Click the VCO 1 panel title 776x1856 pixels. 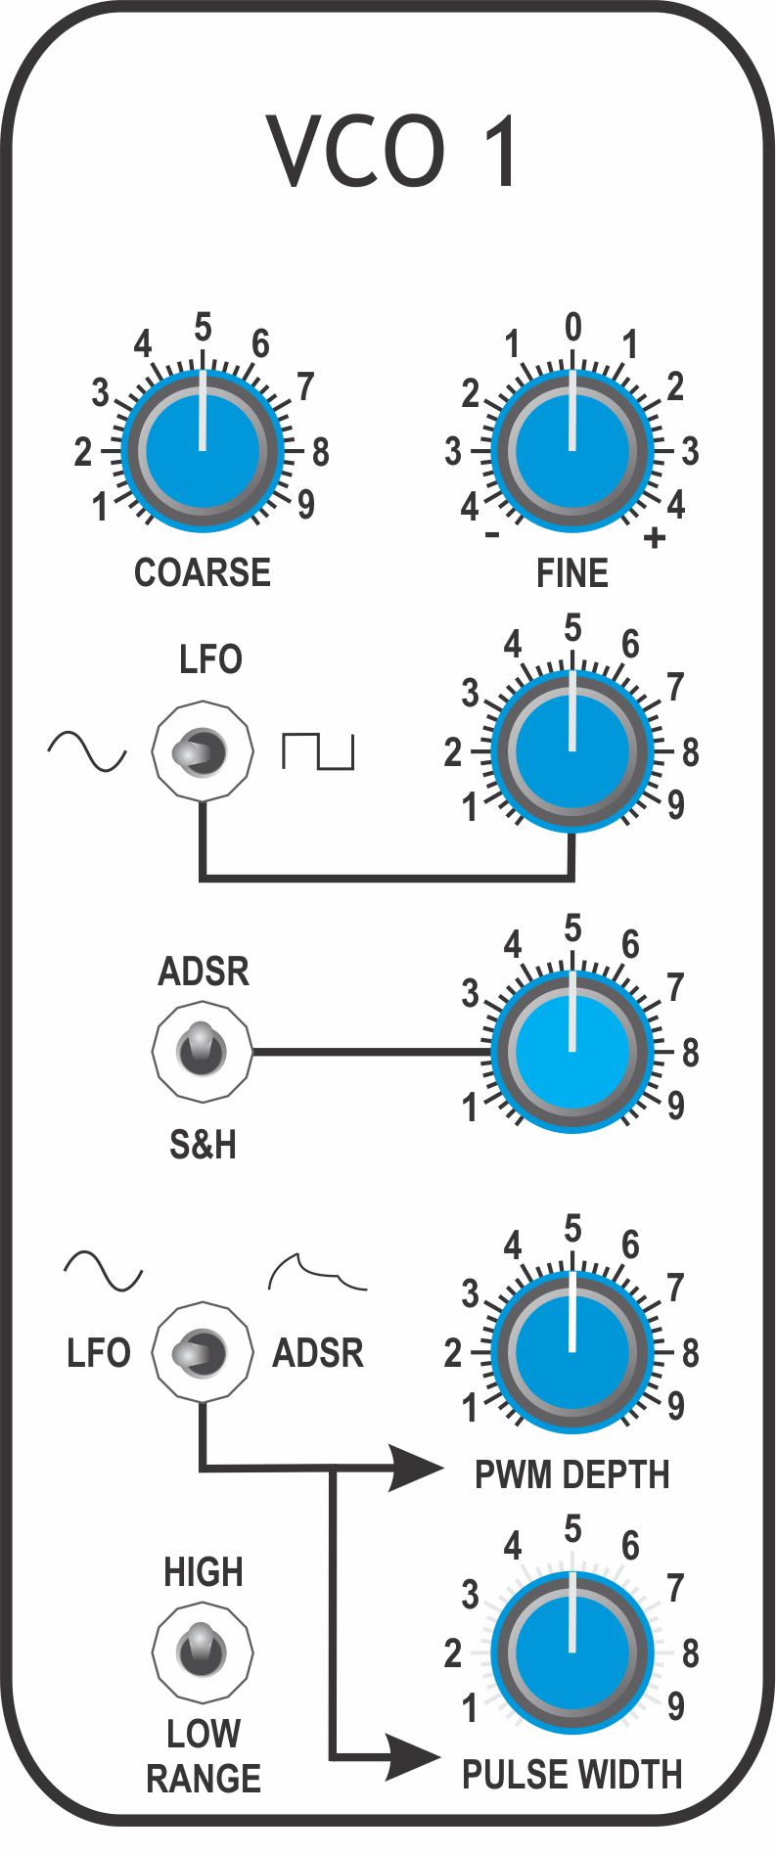tap(391, 152)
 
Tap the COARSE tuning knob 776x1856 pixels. tap(203, 451)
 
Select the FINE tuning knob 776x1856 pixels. tap(572, 451)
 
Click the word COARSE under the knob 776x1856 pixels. tap(203, 572)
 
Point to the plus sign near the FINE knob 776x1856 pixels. tap(655, 537)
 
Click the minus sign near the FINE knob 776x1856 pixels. tap(492, 535)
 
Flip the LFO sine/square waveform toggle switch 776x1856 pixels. tap(203, 751)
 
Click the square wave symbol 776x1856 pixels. tap(318, 749)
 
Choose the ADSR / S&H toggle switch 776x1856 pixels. tap(203, 1052)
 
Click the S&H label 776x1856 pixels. tap(203, 1144)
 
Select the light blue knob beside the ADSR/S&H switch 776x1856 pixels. tap(572, 1052)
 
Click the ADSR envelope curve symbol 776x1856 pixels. tap(317, 1272)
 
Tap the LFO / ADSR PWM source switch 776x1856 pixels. tap(203, 1353)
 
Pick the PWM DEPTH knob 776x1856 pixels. tap(572, 1352)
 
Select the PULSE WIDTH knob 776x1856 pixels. tap(572, 1652)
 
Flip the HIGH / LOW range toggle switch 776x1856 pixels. tap(203, 1652)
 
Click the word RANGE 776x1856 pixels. tap(204, 1778)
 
